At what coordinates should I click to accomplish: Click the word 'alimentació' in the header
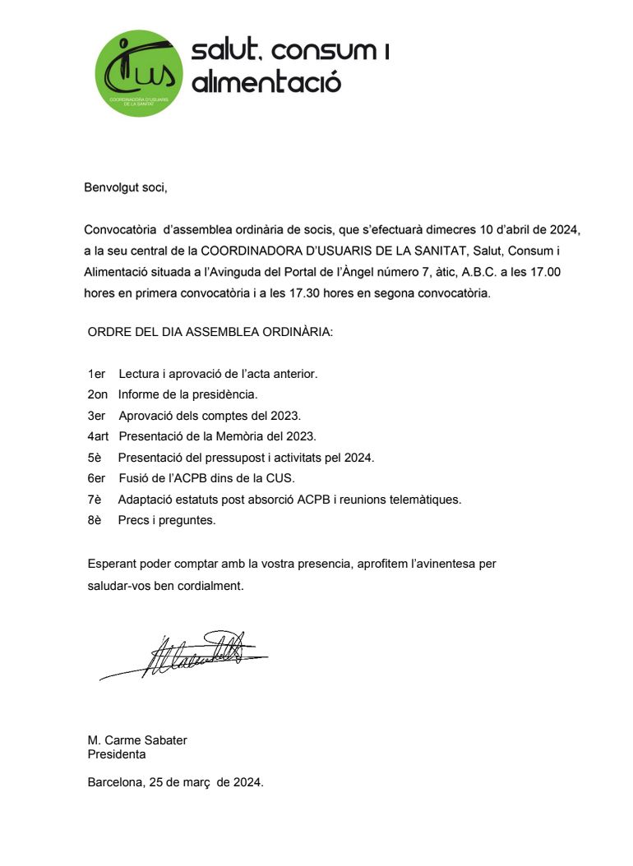pos(266,82)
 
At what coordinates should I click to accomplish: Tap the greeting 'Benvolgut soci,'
pos(126,187)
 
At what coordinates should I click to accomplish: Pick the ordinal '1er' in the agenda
pos(96,374)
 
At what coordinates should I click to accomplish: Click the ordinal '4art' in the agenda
pos(99,436)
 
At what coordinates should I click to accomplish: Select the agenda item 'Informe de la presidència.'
pos(188,394)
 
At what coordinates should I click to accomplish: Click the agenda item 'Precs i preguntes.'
pos(167,520)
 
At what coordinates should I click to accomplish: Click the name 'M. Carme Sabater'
pos(137,740)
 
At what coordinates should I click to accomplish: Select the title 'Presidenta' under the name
pos(117,753)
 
